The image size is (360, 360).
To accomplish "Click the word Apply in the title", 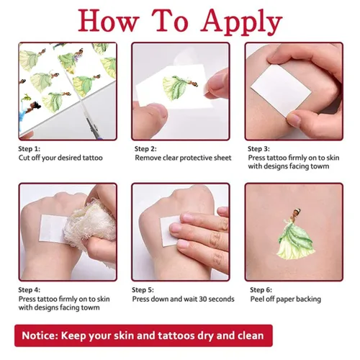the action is click(x=241, y=22).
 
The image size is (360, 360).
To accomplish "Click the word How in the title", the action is click(x=109, y=21).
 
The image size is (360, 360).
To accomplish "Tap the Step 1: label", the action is click(x=30, y=149).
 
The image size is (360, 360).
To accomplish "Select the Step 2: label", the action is click(x=145, y=149).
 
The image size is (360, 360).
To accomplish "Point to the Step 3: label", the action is click(x=258, y=149).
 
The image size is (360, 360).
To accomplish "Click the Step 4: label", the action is click(x=30, y=290).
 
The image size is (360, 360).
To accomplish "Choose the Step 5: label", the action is click(x=143, y=290).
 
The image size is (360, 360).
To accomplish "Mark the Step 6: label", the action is click(x=261, y=290).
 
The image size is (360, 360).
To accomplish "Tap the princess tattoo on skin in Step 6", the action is click(x=297, y=233).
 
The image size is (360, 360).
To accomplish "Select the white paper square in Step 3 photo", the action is click(x=281, y=91).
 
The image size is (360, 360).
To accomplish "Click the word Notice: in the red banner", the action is click(x=40, y=336).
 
